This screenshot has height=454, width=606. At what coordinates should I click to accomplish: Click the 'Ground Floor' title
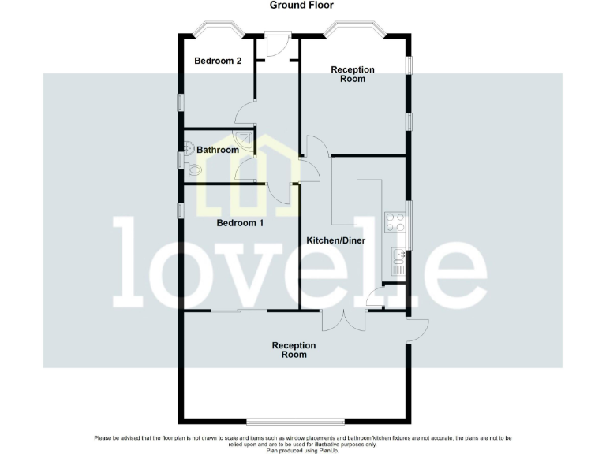point(303,6)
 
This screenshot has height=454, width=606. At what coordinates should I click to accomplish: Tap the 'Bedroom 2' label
point(218,61)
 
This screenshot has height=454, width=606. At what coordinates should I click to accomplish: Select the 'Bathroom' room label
point(217,150)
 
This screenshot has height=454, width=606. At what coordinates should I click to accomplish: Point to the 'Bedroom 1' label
point(240,223)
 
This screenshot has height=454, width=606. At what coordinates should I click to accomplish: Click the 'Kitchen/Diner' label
point(335,240)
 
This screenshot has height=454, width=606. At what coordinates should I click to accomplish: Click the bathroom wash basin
point(188,147)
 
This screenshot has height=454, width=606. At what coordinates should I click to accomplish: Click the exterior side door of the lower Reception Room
point(417,329)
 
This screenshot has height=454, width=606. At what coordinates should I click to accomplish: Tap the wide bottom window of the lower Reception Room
point(295,419)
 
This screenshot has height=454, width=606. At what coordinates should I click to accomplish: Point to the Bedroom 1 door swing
point(276,193)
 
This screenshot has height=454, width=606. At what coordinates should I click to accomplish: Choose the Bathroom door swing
point(245,169)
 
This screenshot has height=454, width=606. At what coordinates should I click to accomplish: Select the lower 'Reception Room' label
point(294,350)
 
